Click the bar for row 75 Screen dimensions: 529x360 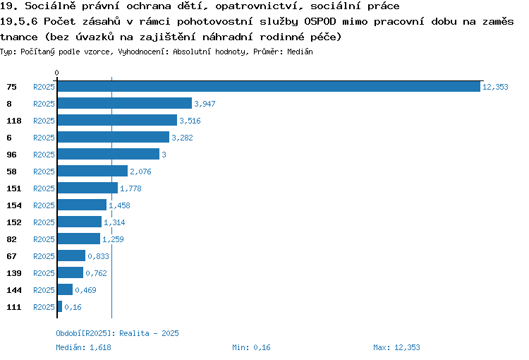pyautogui.click(x=269, y=86)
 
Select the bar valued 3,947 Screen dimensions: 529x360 pyautogui.click(x=125, y=103)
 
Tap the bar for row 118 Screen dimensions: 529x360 pyautogui.click(x=117, y=120)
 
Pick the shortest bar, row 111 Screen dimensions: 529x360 pyautogui.click(x=60, y=306)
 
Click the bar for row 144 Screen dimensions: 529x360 pyautogui.click(x=65, y=289)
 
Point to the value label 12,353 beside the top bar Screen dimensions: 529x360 pyautogui.click(x=495, y=87)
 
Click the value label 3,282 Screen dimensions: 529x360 pyautogui.click(x=182, y=138)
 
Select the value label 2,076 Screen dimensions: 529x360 pyautogui.click(x=140, y=172)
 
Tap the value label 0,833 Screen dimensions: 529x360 pyautogui.click(x=98, y=256)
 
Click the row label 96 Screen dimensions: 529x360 pyautogui.click(x=11, y=155)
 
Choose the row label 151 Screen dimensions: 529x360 pyautogui.click(x=14, y=188)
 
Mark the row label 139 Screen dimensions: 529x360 pyautogui.click(x=14, y=273)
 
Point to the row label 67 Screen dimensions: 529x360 pyautogui.click(x=11, y=256)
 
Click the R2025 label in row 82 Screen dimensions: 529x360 pyautogui.click(x=44, y=239)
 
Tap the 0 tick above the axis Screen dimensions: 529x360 pyautogui.click(x=56, y=73)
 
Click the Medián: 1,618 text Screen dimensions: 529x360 pyautogui.click(x=83, y=347)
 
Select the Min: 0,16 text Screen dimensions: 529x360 pyautogui.click(x=251, y=347)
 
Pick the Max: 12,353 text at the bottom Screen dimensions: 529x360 pyautogui.click(x=396, y=347)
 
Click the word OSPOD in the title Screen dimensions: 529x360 pyautogui.click(x=320, y=22)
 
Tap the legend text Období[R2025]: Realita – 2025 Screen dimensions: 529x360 pyautogui.click(x=117, y=333)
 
